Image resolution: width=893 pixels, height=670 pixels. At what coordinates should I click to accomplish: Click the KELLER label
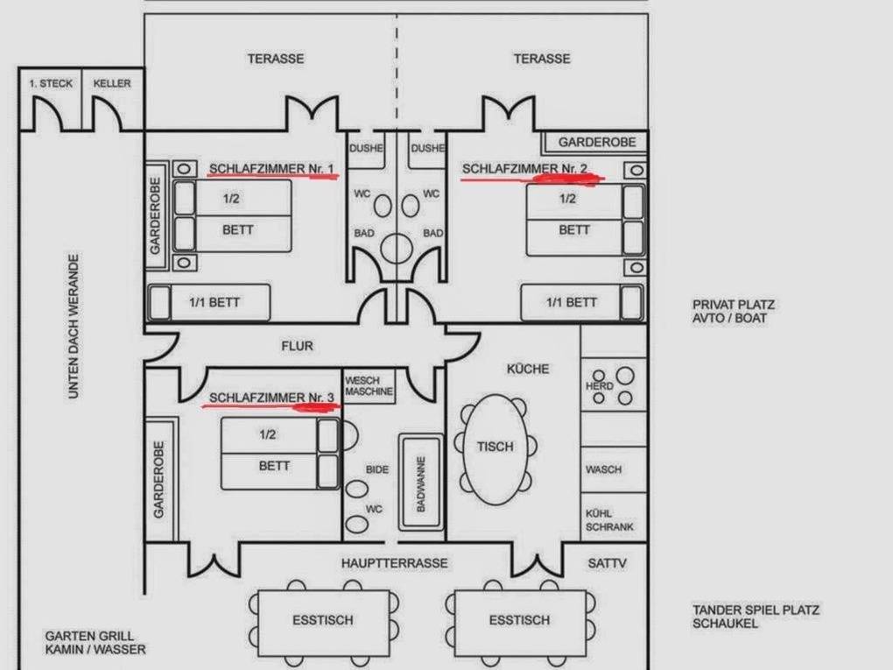(x=112, y=83)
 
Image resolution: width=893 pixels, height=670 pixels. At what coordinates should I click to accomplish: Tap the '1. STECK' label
(x=52, y=83)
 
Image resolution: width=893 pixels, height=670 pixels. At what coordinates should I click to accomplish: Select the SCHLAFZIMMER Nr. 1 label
(x=271, y=169)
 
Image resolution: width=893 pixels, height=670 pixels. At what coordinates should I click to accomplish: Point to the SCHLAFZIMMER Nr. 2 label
(x=524, y=169)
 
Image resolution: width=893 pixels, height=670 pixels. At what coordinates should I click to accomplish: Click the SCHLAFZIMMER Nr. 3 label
(x=271, y=398)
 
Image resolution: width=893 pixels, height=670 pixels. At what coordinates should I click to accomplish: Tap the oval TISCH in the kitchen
(x=496, y=449)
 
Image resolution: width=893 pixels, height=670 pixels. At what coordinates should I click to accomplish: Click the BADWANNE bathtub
(x=421, y=483)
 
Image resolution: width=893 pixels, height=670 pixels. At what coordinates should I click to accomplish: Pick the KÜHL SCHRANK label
(x=609, y=520)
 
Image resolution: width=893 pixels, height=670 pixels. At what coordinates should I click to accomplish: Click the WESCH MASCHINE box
(x=369, y=386)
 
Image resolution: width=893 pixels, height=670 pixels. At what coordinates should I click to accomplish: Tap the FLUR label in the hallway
(x=298, y=346)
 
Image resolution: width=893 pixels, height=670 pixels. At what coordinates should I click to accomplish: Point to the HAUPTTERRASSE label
(x=395, y=563)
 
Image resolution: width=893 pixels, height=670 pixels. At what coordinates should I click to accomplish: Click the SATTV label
(x=607, y=563)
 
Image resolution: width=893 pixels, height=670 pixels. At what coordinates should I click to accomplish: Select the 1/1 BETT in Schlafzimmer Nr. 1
(x=209, y=302)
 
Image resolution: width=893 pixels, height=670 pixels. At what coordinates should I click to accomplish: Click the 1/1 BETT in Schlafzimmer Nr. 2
(x=582, y=302)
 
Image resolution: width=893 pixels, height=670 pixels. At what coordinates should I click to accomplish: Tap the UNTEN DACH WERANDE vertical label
(x=74, y=327)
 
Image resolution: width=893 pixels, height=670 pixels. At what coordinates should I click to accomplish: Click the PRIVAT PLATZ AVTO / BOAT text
(x=734, y=311)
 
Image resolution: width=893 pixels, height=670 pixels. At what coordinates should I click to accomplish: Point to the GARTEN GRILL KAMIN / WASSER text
(x=95, y=642)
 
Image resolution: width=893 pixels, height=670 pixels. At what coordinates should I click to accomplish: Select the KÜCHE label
(x=528, y=369)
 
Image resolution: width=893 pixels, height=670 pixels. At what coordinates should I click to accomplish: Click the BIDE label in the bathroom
(x=377, y=469)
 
